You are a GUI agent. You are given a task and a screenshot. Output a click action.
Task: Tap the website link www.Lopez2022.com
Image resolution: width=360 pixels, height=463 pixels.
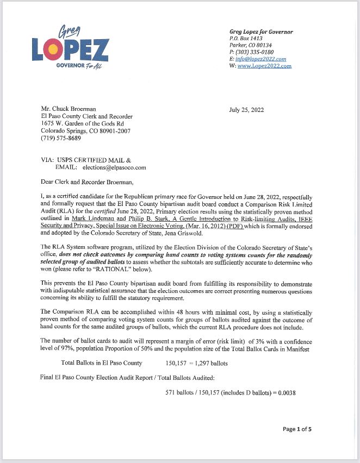tap(264, 66)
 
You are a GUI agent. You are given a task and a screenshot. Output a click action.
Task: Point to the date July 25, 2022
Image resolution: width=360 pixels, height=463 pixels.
tap(246, 109)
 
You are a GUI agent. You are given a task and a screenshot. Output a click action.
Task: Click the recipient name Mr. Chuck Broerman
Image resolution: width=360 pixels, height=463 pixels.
tap(69, 109)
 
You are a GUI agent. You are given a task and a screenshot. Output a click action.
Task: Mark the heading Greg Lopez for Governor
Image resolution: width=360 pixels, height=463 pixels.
tap(261, 32)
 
